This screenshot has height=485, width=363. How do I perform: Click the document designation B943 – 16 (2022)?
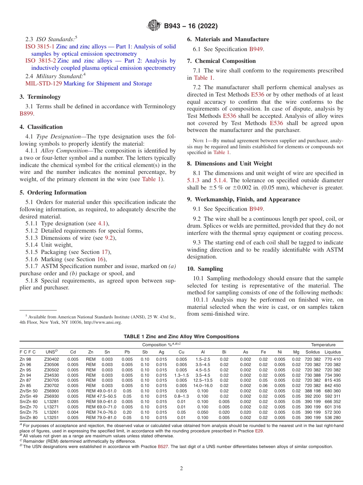point(191,26)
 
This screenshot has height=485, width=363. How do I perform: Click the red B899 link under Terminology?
point(26,114)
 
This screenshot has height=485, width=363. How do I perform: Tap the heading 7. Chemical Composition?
point(221,61)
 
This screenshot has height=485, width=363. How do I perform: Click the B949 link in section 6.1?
point(256,49)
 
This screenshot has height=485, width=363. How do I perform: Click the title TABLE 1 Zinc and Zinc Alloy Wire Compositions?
point(181,337)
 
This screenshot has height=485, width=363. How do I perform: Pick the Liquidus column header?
point(332,352)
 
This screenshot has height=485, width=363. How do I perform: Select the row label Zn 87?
point(25,380)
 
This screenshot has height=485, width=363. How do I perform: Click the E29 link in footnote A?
point(259,431)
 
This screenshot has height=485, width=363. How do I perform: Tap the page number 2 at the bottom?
point(181,469)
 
